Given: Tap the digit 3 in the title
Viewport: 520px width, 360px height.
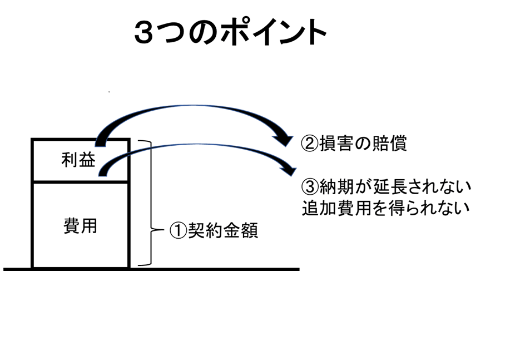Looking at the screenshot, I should (146, 33).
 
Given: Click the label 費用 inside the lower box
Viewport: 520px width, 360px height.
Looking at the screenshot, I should (80, 225).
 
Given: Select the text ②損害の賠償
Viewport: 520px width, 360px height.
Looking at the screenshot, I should (354, 144).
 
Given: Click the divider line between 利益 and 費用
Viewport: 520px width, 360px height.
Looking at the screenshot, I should (81, 182).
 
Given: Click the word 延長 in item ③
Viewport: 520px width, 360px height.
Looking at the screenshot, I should (390, 185).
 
